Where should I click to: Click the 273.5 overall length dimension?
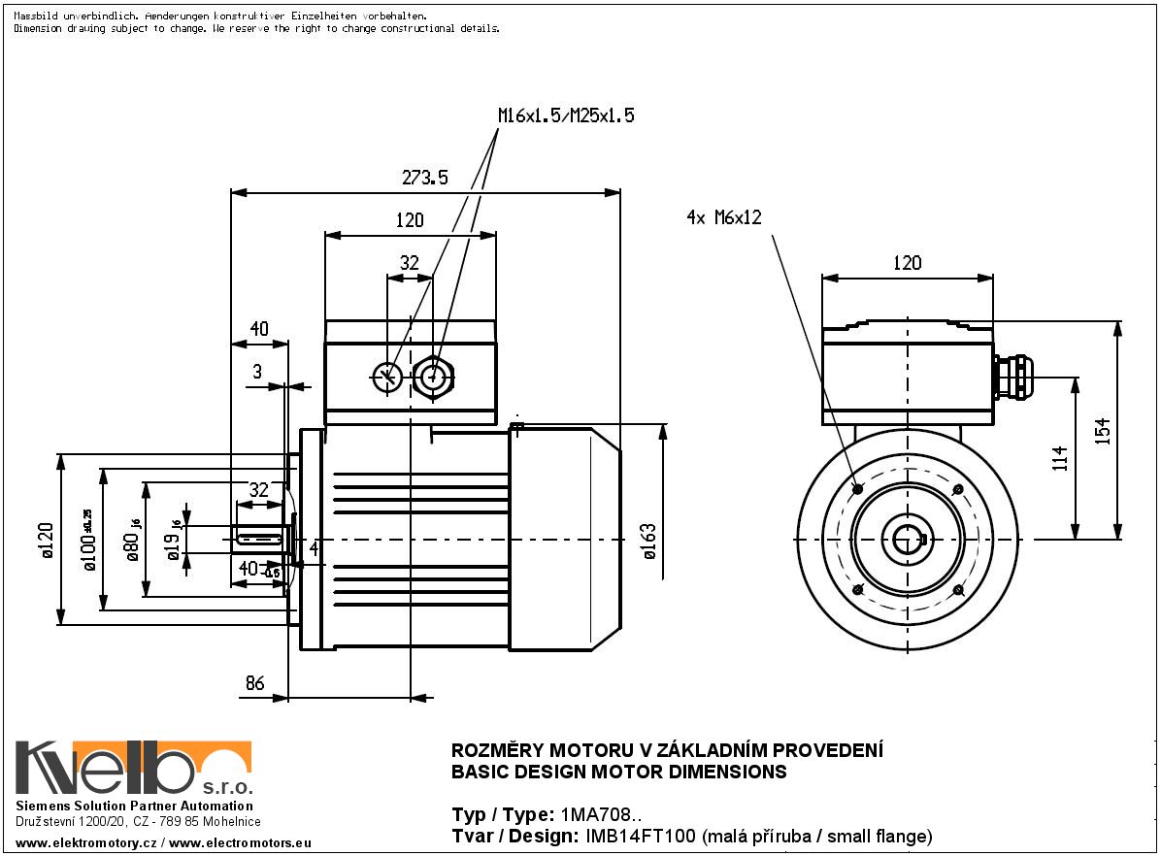[x=424, y=178]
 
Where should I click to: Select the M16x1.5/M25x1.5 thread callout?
[x=566, y=115]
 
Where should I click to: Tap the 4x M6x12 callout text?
[x=723, y=218]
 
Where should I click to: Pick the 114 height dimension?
[x=1059, y=457]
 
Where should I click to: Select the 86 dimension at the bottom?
[x=254, y=683]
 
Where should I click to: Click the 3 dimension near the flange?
[x=257, y=372]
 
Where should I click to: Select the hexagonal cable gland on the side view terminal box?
[x=434, y=377]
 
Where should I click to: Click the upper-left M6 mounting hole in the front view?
[x=856, y=488]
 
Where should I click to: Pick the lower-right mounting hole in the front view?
[x=958, y=589]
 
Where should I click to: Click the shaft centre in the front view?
[x=908, y=539]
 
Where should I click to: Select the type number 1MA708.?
[x=600, y=814]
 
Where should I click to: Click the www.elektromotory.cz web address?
[x=86, y=844]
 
